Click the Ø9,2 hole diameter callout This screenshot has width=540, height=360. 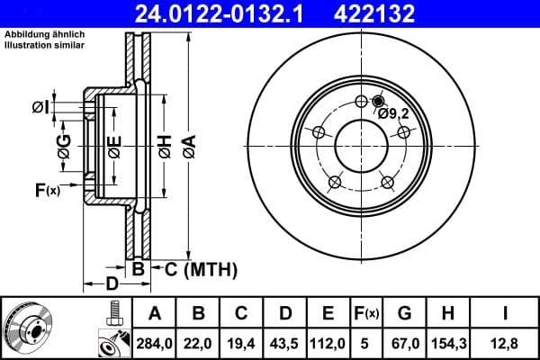pos(394,113)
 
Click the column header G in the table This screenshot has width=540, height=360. pos(404,313)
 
